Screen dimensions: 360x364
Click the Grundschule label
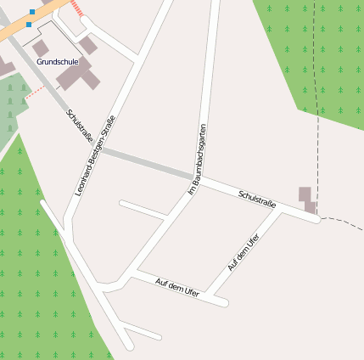click(58, 62)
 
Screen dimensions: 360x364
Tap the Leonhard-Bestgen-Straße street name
click(95, 155)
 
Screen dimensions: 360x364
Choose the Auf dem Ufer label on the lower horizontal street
click(177, 287)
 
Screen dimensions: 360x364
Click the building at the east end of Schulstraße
click(306, 199)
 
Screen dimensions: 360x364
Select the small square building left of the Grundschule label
click(40, 48)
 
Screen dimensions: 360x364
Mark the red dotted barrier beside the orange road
click(80, 9)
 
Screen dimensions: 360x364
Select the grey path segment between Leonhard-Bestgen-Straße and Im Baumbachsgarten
click(144, 162)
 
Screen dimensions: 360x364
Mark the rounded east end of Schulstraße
click(316, 220)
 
